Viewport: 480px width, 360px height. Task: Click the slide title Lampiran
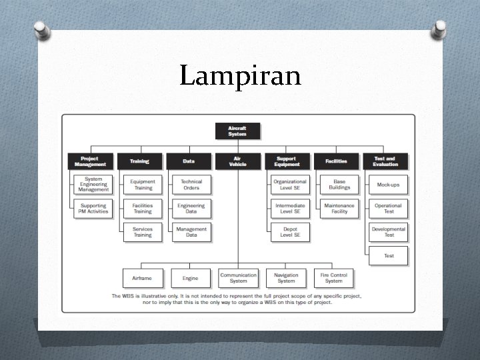coord(240,76)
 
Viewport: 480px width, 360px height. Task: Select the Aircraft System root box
coord(237,131)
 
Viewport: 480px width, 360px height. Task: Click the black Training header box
coord(139,161)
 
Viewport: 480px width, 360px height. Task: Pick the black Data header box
coord(189,161)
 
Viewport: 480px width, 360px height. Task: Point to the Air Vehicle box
coord(237,161)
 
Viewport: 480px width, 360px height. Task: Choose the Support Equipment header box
coord(287,161)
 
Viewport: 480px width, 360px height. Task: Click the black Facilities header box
coord(336,161)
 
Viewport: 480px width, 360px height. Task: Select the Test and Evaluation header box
coord(385,161)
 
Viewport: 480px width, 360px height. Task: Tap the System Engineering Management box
coord(93,185)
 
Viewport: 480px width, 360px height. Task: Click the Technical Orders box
coord(191,185)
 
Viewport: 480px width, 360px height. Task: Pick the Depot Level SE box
coord(291,232)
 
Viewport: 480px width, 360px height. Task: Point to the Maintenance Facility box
coord(339,208)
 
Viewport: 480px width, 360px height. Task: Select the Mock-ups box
coord(389,185)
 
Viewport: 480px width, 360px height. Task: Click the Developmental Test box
coord(389,232)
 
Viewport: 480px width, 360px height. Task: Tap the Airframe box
coord(142,278)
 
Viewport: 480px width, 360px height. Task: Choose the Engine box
coord(190,278)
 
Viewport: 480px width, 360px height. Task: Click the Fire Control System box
coord(334,278)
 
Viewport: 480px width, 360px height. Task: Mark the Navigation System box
coord(286,278)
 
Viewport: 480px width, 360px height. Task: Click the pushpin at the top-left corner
coord(41,30)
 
